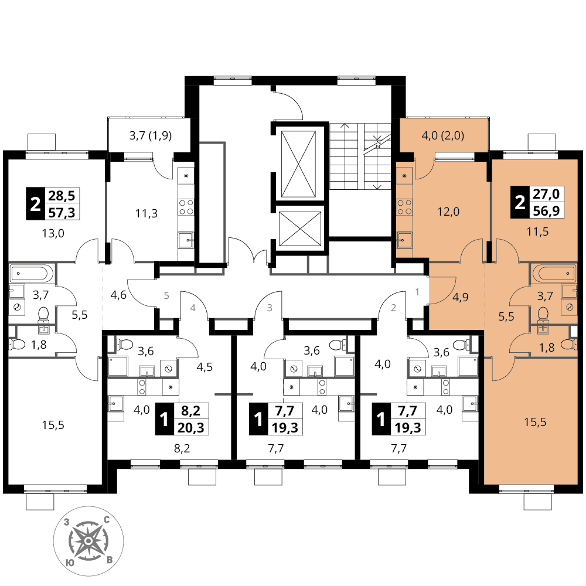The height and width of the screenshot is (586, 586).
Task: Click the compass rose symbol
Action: [x=88, y=541]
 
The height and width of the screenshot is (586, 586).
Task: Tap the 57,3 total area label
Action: [x=62, y=213]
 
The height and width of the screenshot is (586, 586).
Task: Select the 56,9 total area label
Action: [x=546, y=211]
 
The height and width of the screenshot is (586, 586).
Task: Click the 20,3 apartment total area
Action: [x=191, y=427]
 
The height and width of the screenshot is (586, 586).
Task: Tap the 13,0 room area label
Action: [x=53, y=234]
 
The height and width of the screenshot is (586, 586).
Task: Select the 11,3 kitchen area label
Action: [x=146, y=213]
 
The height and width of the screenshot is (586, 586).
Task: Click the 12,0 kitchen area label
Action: [x=448, y=212]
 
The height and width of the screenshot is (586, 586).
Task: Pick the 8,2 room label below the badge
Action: [x=182, y=448]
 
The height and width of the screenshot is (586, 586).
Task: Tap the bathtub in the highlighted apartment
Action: [x=554, y=273]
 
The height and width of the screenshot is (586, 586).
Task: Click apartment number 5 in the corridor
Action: [x=166, y=295]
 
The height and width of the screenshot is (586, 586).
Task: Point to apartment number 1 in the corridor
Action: [x=417, y=291]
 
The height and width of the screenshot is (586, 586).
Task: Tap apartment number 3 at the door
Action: [x=269, y=308]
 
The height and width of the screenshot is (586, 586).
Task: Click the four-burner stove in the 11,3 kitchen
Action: [x=186, y=207]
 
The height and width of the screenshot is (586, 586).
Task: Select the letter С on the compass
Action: [x=107, y=519]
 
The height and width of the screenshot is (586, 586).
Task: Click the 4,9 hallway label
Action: [x=461, y=297]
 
